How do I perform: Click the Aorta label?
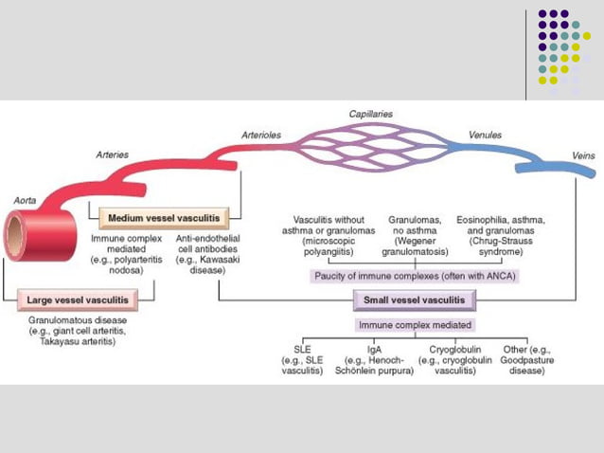point(25,201)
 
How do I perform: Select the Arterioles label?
point(262,136)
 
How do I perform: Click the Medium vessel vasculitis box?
point(164,218)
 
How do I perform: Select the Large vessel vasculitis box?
point(80,300)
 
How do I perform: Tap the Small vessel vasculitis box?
point(415,300)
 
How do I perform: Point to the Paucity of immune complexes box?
point(416,277)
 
